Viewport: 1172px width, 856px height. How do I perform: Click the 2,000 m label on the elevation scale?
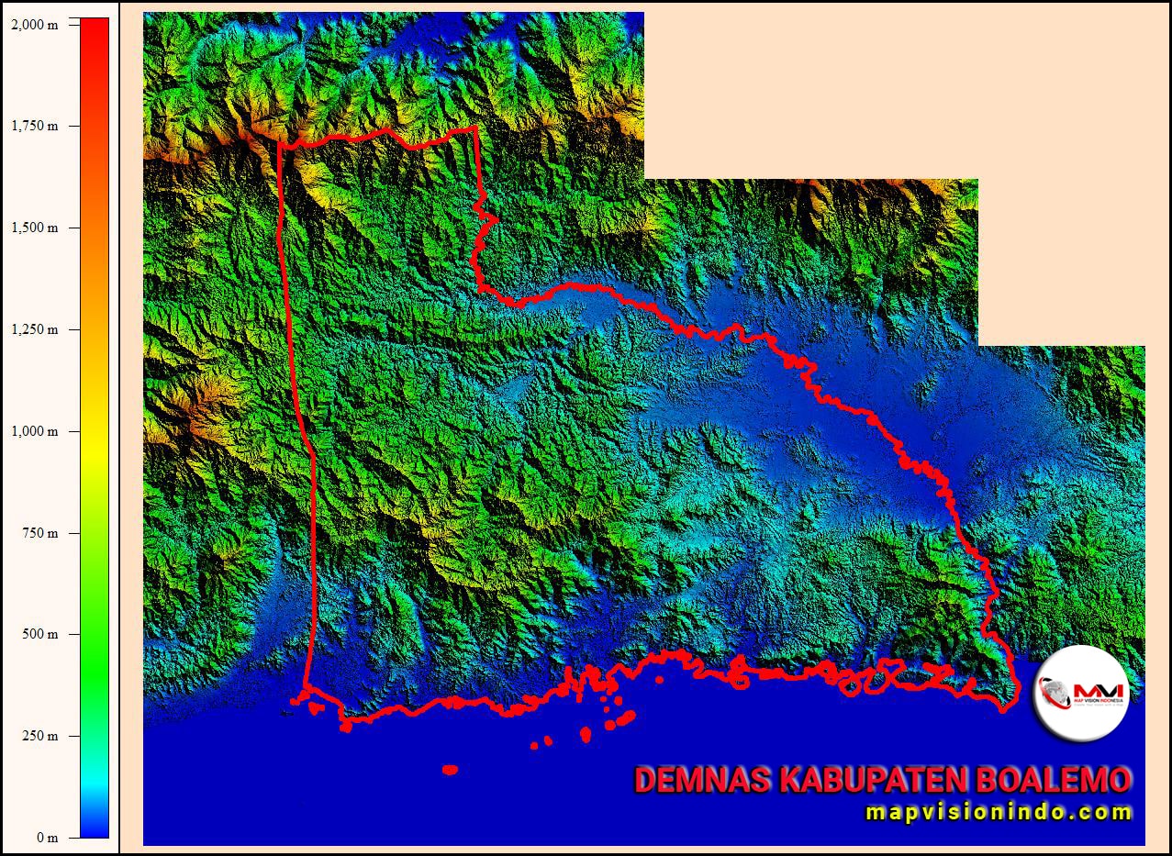point(34,25)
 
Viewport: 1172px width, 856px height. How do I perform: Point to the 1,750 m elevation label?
point(34,126)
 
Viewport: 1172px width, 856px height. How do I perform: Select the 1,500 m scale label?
point(34,228)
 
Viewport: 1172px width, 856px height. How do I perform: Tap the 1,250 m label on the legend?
point(34,329)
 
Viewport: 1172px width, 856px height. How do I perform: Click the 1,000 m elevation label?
point(34,431)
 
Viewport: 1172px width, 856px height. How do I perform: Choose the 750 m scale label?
point(39,533)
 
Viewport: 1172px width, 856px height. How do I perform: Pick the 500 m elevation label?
point(39,634)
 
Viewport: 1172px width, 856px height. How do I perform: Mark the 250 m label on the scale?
point(39,736)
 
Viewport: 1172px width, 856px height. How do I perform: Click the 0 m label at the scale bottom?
point(47,837)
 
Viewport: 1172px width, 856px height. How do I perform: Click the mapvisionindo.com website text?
point(999,812)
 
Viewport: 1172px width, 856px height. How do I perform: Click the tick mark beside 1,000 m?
point(73,431)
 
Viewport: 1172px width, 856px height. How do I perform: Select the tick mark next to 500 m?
point(73,634)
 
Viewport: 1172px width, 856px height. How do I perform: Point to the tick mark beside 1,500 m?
point(73,228)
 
